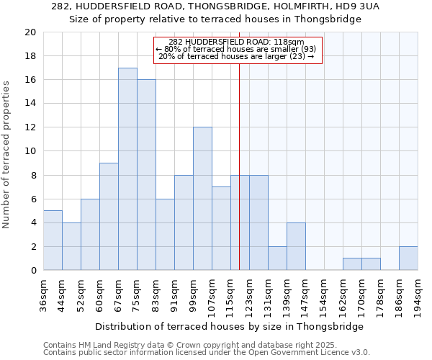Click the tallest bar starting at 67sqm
[x=127, y=169]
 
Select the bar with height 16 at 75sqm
[x=146, y=175]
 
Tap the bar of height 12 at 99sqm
[x=202, y=199]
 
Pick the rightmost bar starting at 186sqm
[x=408, y=258]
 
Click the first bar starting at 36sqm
[x=53, y=240]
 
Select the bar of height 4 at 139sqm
[x=296, y=246]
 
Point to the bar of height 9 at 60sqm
[x=109, y=217]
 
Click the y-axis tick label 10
[x=30, y=151]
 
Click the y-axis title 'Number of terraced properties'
[x=6, y=155]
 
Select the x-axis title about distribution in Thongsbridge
[x=229, y=326]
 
